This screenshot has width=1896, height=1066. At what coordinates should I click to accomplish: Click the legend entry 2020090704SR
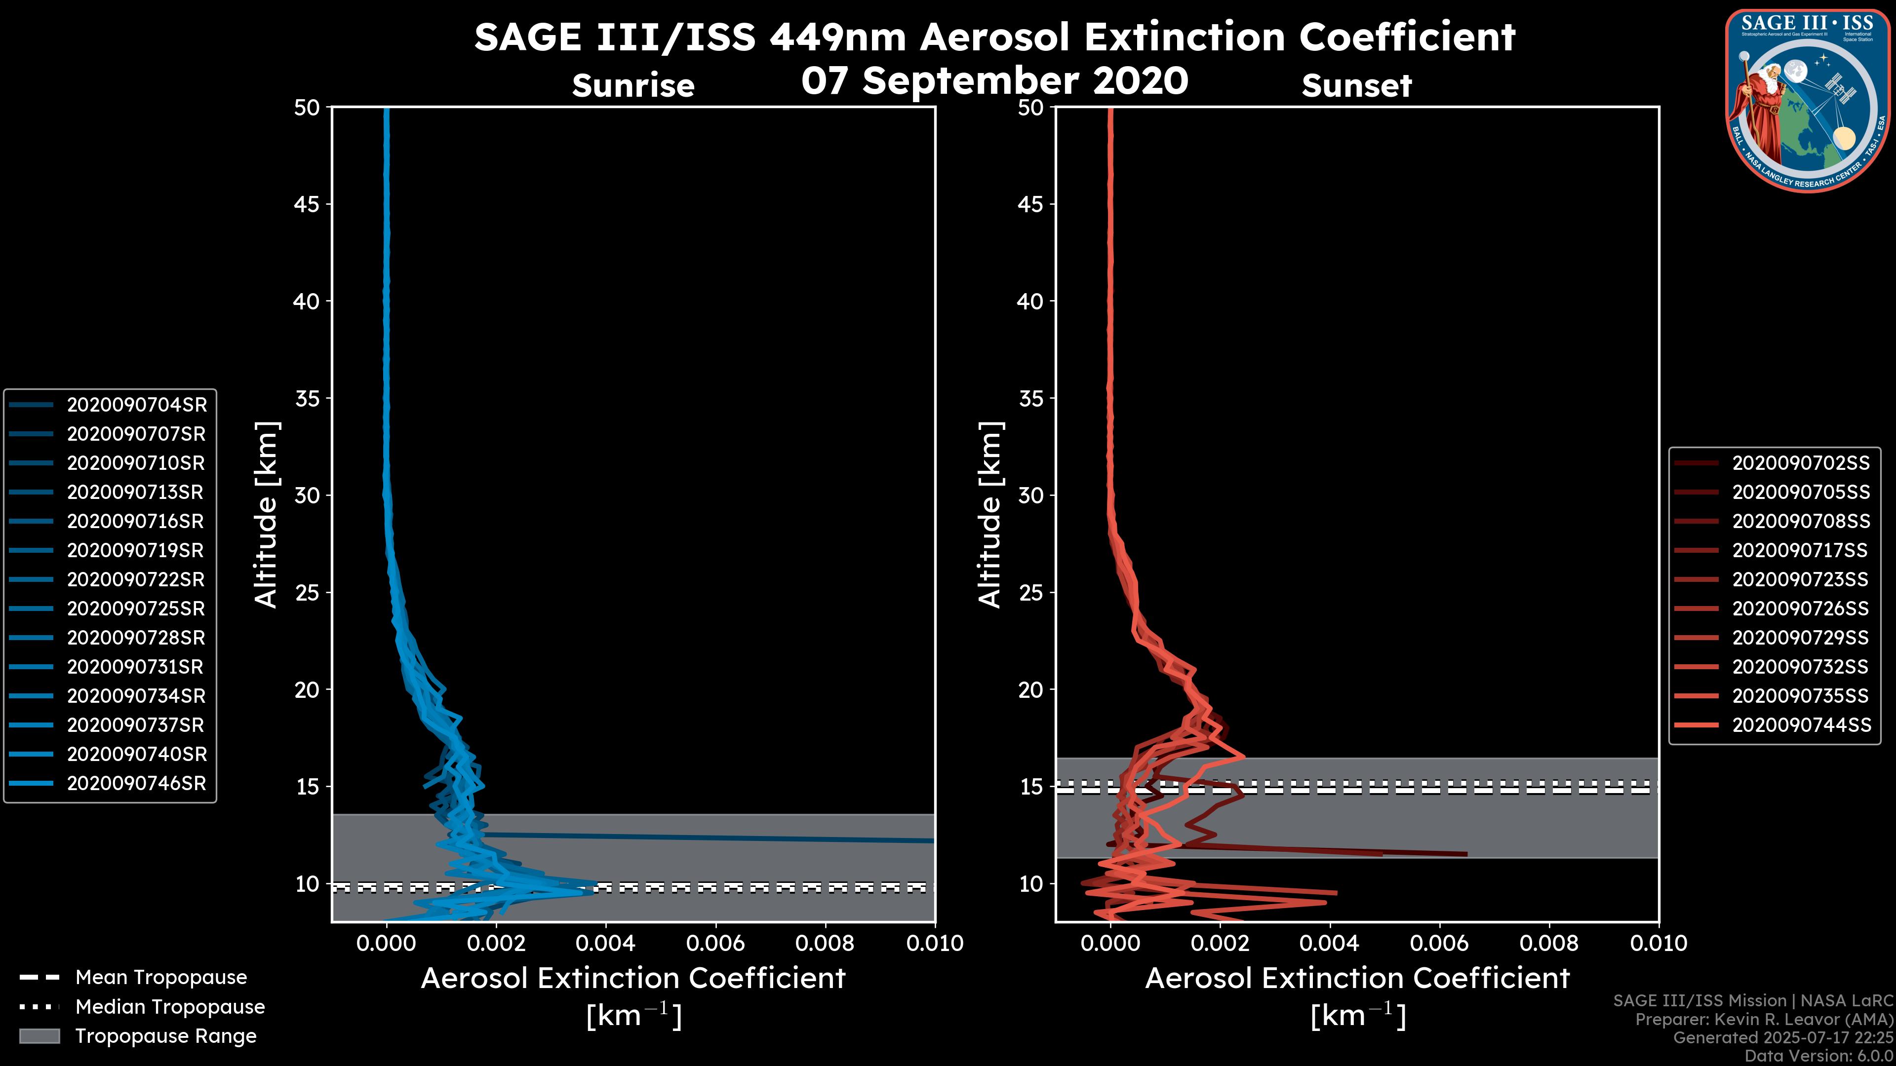click(x=137, y=405)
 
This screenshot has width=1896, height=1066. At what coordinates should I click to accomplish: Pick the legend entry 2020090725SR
click(x=137, y=609)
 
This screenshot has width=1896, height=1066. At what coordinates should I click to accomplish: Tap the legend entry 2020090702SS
click(x=1800, y=463)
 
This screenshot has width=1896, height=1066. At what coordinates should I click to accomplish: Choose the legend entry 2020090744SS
click(x=1800, y=724)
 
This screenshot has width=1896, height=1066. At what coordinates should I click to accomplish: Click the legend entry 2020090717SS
click(x=1800, y=550)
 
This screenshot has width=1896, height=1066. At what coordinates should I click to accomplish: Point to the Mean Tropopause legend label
click(x=161, y=977)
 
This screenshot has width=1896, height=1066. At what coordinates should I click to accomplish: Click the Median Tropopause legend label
click(x=170, y=1006)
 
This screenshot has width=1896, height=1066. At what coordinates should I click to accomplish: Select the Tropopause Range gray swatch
click(x=39, y=1036)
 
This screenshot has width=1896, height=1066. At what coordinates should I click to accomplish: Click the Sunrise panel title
click(x=633, y=86)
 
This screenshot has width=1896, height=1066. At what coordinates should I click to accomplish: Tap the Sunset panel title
click(x=1356, y=86)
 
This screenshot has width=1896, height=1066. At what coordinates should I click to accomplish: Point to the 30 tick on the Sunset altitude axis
click(x=1030, y=495)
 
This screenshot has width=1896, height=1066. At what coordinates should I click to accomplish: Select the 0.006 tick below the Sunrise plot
click(x=716, y=943)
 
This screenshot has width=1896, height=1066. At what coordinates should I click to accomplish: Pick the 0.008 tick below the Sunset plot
click(x=1549, y=943)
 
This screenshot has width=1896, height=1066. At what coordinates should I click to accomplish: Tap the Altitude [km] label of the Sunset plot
click(x=990, y=514)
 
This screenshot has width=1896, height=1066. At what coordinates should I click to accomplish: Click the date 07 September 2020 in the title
click(x=994, y=81)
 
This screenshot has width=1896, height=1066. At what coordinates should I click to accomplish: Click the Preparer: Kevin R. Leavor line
click(x=1764, y=1019)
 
